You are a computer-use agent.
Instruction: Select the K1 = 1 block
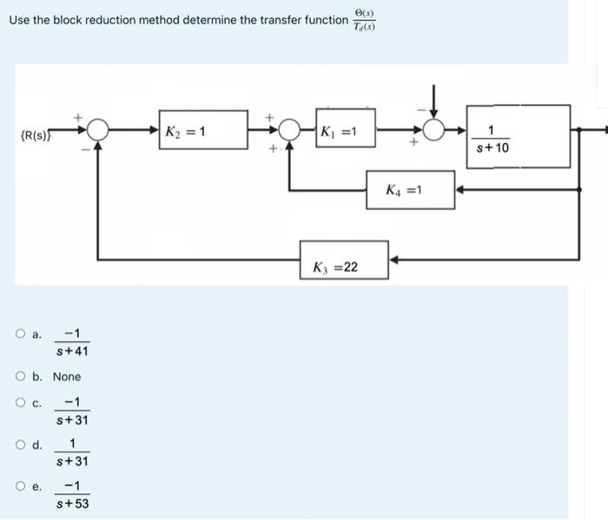[346, 132]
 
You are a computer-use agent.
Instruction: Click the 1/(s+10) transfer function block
[519, 136]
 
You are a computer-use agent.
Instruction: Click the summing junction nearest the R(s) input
[98, 131]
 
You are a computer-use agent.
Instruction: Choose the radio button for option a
[19, 334]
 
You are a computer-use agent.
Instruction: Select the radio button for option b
[19, 376]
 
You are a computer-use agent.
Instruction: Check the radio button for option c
[19, 403]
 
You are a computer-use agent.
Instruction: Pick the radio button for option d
[19, 445]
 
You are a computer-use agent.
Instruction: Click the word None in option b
[67, 377]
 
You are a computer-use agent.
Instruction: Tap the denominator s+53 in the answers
[72, 504]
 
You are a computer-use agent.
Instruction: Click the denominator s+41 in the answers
[72, 351]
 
